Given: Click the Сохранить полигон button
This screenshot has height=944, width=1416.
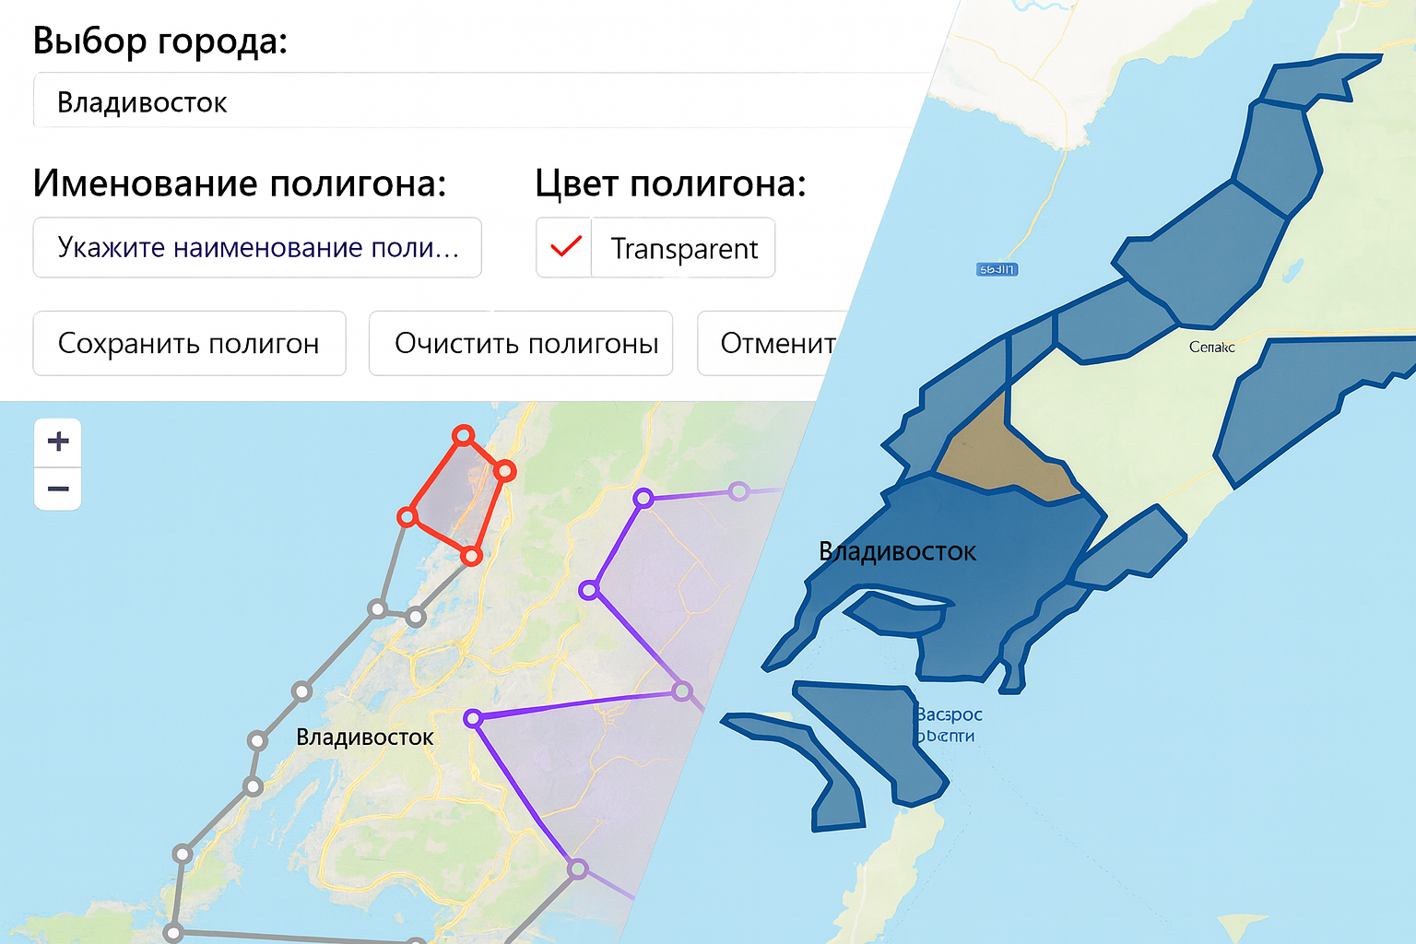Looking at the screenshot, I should pyautogui.click(x=189, y=343).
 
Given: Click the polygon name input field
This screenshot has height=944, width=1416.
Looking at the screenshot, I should pyautogui.click(x=257, y=247).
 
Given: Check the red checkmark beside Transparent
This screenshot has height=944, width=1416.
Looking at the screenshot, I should pyautogui.click(x=565, y=247).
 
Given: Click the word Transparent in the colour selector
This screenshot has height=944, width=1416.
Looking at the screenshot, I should pyautogui.click(x=684, y=249).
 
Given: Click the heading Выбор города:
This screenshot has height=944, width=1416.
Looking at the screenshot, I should pyautogui.click(x=160, y=41).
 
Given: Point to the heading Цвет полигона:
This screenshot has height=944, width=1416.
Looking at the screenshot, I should pyautogui.click(x=670, y=183).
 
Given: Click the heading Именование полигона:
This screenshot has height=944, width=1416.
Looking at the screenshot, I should pyautogui.click(x=240, y=183).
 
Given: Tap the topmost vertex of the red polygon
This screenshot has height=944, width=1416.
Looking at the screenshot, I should pyautogui.click(x=464, y=434).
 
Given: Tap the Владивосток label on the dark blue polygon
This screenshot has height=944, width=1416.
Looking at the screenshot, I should pyautogui.click(x=897, y=552).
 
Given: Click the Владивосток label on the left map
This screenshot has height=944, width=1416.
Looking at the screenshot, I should pyautogui.click(x=364, y=737).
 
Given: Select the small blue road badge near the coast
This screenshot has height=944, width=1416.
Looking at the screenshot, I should pyautogui.click(x=997, y=269).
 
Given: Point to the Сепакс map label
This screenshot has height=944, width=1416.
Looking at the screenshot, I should pyautogui.click(x=1211, y=348).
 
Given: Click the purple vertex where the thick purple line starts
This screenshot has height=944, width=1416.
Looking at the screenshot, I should pyautogui.click(x=473, y=717).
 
